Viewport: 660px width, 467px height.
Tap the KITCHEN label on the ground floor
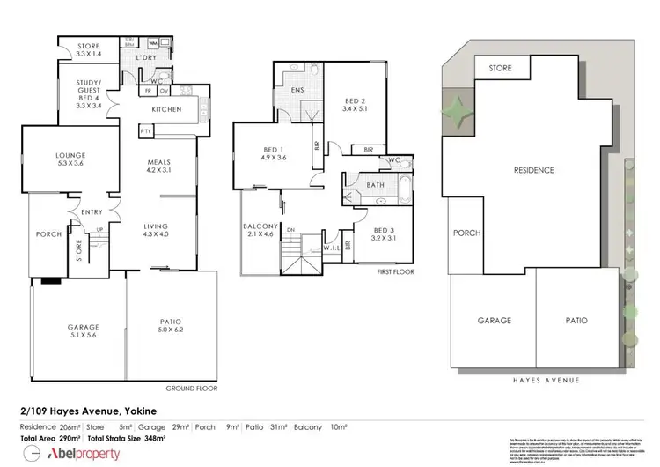[x=166, y=109]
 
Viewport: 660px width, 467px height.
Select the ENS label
[x=297, y=91]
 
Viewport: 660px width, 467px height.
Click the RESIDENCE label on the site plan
[x=533, y=169]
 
